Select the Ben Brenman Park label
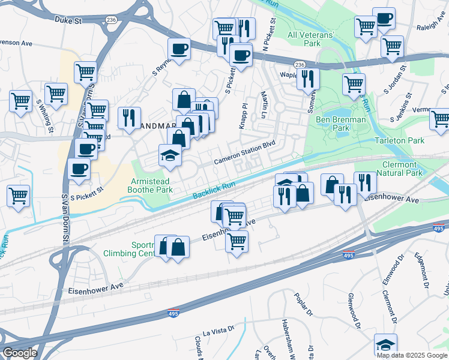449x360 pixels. (x=340, y=124)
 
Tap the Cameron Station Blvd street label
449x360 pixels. (x=245, y=154)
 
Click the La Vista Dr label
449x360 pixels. (x=217, y=331)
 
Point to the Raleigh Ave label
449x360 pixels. (x=431, y=27)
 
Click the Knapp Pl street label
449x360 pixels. (x=244, y=114)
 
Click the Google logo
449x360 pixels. (x=20, y=353)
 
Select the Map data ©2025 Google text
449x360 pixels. (x=412, y=355)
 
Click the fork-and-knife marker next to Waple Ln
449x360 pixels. (x=308, y=77)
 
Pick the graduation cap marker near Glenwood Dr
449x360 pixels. (x=385, y=345)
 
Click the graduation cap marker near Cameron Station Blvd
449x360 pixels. (x=170, y=156)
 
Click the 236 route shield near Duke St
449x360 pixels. (x=110, y=20)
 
